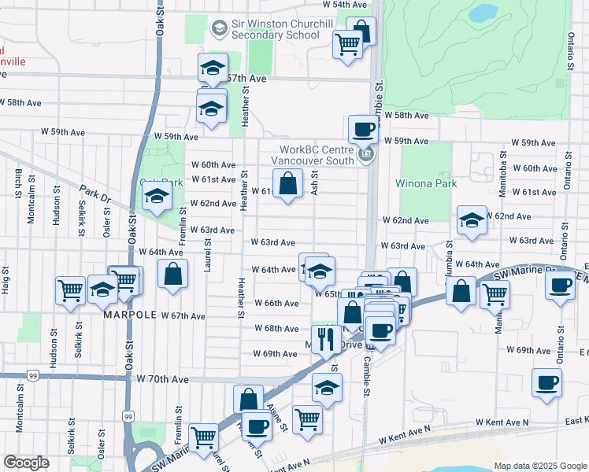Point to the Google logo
click(26, 463)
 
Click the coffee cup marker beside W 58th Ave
click(363, 128)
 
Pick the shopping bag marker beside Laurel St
click(172, 275)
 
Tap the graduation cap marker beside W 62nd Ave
click(472, 220)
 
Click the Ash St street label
click(314, 183)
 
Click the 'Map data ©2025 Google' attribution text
click(539, 466)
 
